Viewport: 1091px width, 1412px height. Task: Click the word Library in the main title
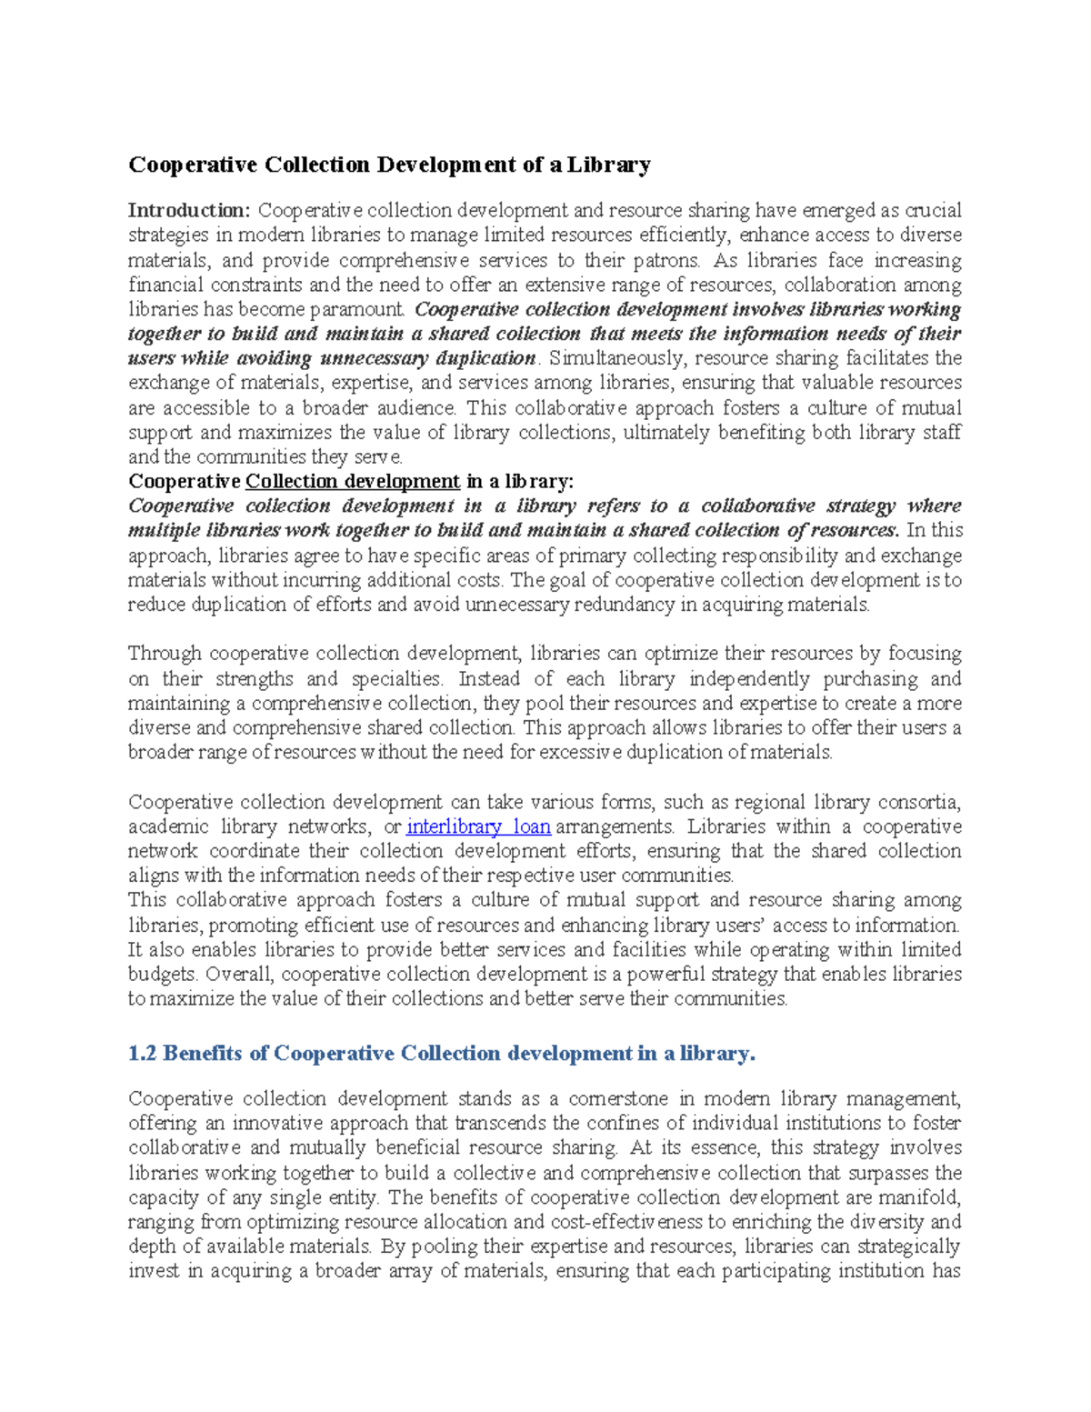(x=609, y=165)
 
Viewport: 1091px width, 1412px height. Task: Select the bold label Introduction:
(x=189, y=211)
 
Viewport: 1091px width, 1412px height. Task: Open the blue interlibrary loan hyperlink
(x=478, y=826)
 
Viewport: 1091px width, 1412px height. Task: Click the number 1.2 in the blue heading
(x=143, y=1053)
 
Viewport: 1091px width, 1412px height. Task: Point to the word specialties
(x=396, y=678)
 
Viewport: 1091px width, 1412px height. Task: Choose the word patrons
(x=667, y=260)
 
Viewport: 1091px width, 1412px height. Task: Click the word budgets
(x=162, y=974)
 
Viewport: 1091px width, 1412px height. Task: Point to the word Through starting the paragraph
(x=165, y=654)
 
